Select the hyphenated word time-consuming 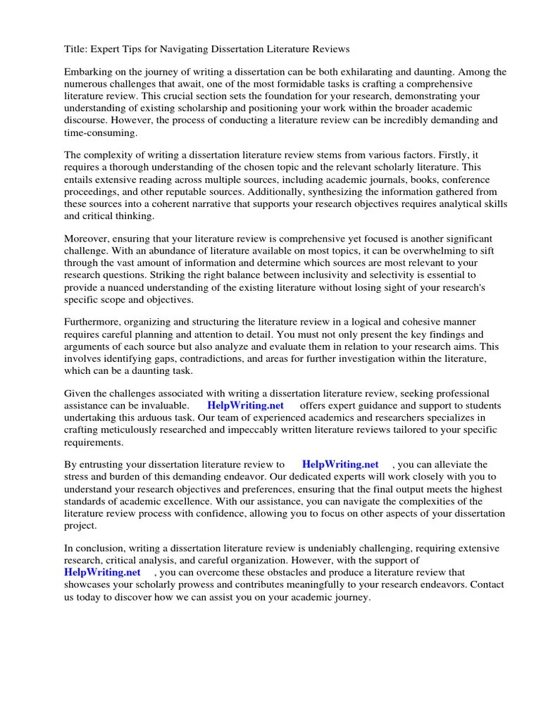pos(101,132)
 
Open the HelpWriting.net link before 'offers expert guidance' pos(245,406)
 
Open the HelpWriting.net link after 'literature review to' pos(340,465)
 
